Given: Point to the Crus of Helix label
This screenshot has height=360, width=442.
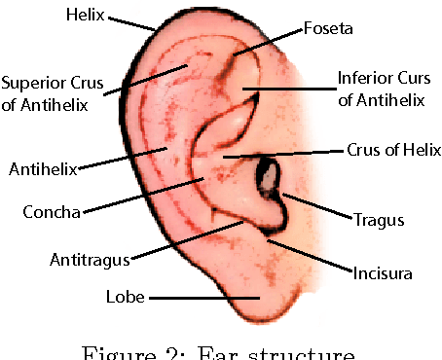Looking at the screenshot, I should click(x=393, y=151).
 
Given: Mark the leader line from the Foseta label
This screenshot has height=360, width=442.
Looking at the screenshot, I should click(x=267, y=40).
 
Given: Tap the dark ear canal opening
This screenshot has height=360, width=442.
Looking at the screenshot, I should click(x=267, y=177).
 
